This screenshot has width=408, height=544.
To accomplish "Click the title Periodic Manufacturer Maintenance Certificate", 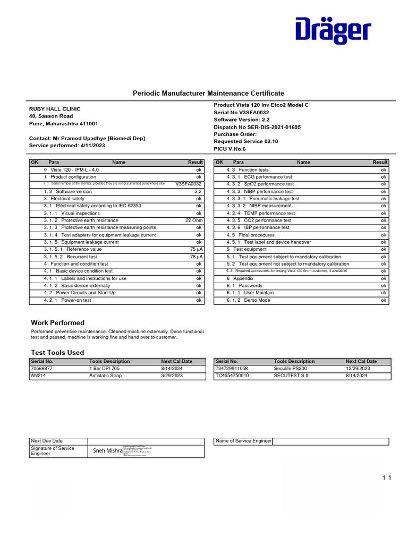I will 205,93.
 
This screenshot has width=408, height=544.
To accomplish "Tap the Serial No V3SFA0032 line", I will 241,113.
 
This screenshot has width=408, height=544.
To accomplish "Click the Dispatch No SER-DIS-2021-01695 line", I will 257,127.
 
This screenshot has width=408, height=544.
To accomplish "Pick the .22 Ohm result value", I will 193,220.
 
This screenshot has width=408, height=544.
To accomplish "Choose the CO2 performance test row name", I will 268,220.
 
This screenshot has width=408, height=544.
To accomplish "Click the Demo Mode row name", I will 257,300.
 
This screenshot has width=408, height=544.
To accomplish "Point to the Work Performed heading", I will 57,322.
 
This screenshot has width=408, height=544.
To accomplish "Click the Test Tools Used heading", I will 57,352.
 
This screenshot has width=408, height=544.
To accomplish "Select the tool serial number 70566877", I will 42,368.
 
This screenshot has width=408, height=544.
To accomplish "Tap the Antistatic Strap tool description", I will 105,376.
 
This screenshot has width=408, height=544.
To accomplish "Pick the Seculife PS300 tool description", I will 291,368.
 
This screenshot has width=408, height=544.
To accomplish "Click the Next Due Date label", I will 47,441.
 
